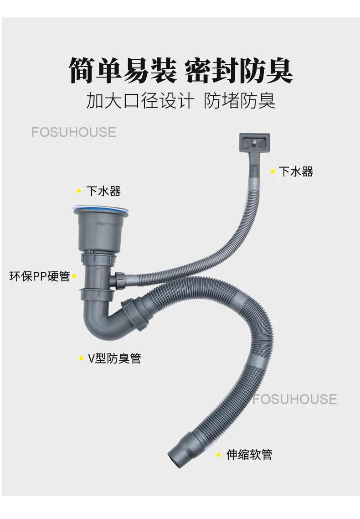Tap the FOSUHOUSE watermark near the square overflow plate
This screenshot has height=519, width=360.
(74, 132)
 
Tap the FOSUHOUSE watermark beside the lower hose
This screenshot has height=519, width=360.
(294, 399)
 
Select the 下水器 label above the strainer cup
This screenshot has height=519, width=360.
(103, 191)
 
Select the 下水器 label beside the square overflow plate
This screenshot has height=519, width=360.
(296, 171)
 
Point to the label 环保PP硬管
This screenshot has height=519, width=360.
(40, 276)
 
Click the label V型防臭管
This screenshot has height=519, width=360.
(114, 358)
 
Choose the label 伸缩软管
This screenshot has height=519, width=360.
(249, 454)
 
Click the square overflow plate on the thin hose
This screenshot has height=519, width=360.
(254, 142)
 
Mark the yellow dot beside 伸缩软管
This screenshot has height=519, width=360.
(218, 455)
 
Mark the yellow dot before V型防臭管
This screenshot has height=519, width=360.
(81, 359)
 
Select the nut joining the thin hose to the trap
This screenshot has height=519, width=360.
(120, 279)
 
